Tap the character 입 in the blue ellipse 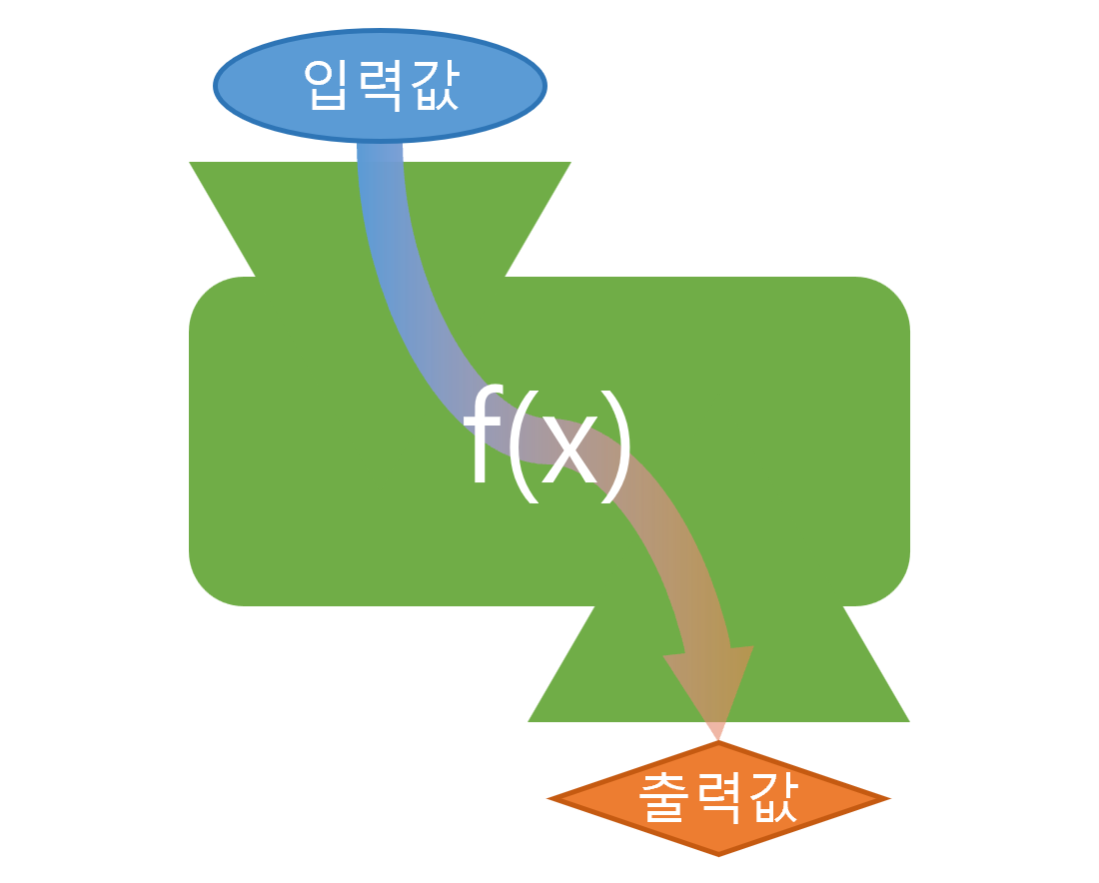click(326, 84)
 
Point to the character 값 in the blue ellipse click(433, 84)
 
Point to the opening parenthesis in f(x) click(522, 444)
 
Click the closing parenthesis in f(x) click(617, 444)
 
